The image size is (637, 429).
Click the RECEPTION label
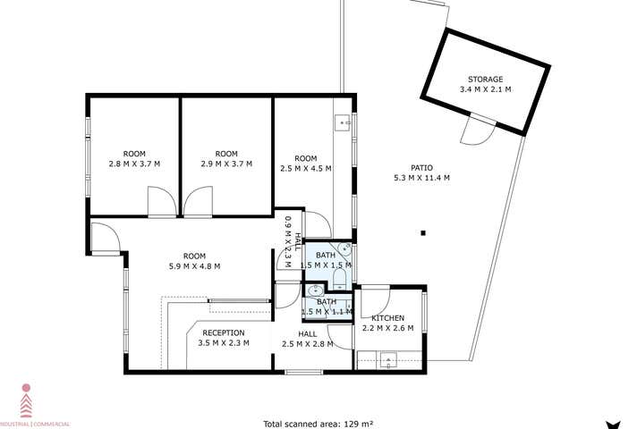(x=223, y=332)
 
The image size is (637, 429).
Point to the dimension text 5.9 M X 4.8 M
(x=195, y=265)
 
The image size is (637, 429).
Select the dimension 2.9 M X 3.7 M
(x=226, y=164)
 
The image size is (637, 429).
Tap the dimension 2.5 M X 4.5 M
(x=306, y=168)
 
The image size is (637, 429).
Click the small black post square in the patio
(x=422, y=234)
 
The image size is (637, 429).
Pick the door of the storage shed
(x=475, y=133)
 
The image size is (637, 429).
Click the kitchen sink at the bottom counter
(x=387, y=360)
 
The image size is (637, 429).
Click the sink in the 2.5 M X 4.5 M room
(x=343, y=122)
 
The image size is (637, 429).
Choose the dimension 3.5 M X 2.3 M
(x=223, y=343)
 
